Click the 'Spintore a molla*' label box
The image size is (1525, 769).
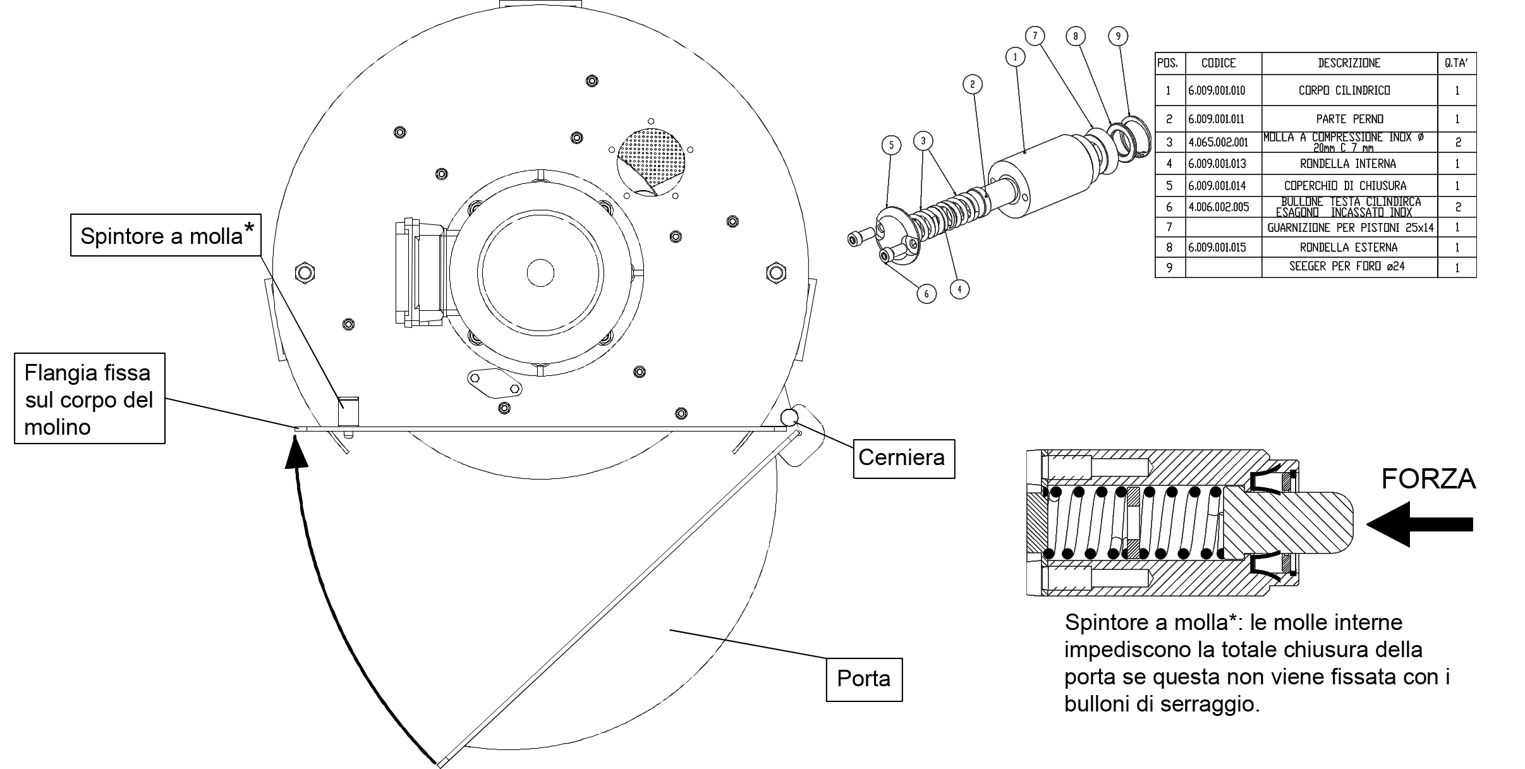pyautogui.click(x=166, y=235)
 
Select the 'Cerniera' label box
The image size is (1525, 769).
pyautogui.click(x=903, y=457)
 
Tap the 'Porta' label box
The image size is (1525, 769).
pyautogui.click(x=864, y=679)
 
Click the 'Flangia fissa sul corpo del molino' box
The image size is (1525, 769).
pyautogui.click(x=90, y=399)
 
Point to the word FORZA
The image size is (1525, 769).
pyautogui.click(x=1428, y=480)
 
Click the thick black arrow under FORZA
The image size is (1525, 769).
pyautogui.click(x=1419, y=524)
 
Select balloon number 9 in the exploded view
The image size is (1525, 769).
pyautogui.click(x=1118, y=36)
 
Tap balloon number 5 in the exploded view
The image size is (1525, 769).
pyautogui.click(x=892, y=145)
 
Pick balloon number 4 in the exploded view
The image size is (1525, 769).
pyautogui.click(x=959, y=289)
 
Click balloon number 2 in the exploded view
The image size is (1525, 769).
pyautogui.click(x=973, y=84)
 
